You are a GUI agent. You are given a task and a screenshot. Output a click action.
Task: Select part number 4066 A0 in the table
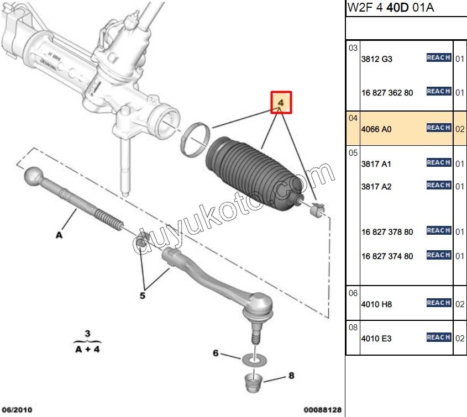pyautogui.click(x=376, y=129)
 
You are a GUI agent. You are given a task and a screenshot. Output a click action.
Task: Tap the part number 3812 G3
pyautogui.click(x=376, y=59)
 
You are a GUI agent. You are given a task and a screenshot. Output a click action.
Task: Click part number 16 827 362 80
pyautogui.click(x=387, y=93)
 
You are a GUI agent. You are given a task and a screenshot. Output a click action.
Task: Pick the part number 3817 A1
pyautogui.click(x=376, y=164)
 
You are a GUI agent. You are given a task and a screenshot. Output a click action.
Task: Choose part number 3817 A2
pyautogui.click(x=376, y=187)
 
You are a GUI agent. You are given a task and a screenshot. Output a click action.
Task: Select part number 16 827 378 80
pyautogui.click(x=387, y=232)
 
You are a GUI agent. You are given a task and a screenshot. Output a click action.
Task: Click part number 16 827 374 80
pyautogui.click(x=387, y=256)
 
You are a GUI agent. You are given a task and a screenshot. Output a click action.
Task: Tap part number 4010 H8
pyautogui.click(x=376, y=304)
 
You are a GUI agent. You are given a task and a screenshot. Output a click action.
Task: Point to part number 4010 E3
pyautogui.click(x=376, y=339)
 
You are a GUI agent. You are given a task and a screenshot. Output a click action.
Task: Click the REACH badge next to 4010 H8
pyautogui.click(x=439, y=303)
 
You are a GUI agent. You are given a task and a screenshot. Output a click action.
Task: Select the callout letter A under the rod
pyautogui.click(x=59, y=235)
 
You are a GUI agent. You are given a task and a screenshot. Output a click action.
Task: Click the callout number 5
pyautogui.click(x=142, y=296)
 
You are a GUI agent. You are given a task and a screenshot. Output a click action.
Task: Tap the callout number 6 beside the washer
pyautogui.click(x=216, y=353)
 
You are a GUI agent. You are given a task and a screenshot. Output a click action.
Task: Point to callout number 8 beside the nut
pyautogui.click(x=291, y=376)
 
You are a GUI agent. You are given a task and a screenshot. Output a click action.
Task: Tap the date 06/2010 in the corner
pyautogui.click(x=17, y=410)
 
